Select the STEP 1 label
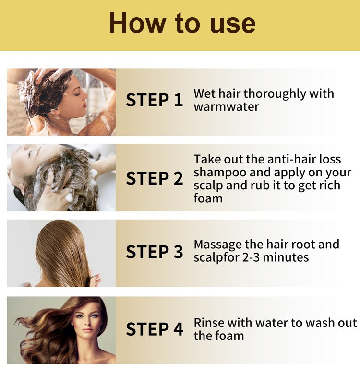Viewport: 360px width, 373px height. point(154,100)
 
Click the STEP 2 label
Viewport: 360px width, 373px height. point(154,178)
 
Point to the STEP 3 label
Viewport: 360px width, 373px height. point(154,252)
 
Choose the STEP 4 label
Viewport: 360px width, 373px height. point(154,329)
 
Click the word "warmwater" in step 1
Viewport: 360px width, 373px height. point(226,107)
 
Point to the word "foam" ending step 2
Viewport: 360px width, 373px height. point(208,198)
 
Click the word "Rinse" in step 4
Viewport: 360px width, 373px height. point(209,323)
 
